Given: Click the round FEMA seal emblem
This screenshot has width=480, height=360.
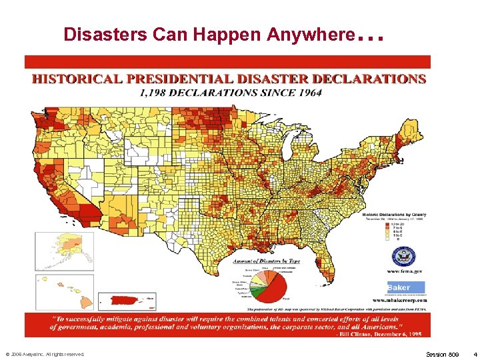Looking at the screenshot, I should coord(404,257).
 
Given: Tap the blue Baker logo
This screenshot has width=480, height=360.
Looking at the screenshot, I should coord(404,287).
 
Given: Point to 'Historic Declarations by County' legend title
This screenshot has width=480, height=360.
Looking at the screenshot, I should coord(394,215).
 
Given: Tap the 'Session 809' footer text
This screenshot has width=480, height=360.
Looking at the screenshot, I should coord(442,354).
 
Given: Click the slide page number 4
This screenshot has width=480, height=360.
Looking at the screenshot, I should coord(474,354).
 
